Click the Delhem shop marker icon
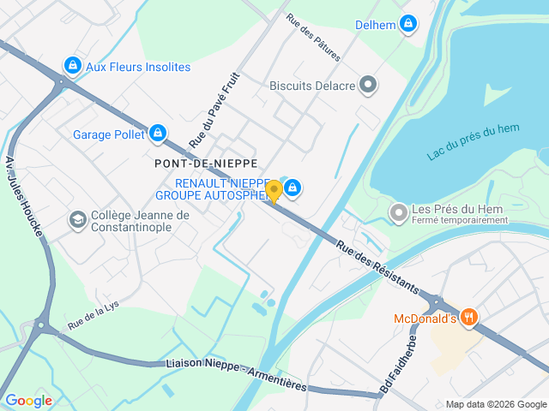(x=408, y=24)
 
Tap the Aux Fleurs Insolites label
(x=138, y=67)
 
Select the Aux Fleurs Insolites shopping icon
(x=72, y=65)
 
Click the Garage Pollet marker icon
(x=157, y=133)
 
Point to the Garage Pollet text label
(x=109, y=134)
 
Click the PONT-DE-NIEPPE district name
(x=206, y=163)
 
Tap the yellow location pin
(x=274, y=191)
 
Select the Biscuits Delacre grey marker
(x=368, y=85)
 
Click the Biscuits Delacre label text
(x=311, y=85)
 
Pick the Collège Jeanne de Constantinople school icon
(x=78, y=220)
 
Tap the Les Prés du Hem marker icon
(x=398, y=211)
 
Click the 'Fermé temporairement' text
(x=460, y=220)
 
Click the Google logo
(x=28, y=400)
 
